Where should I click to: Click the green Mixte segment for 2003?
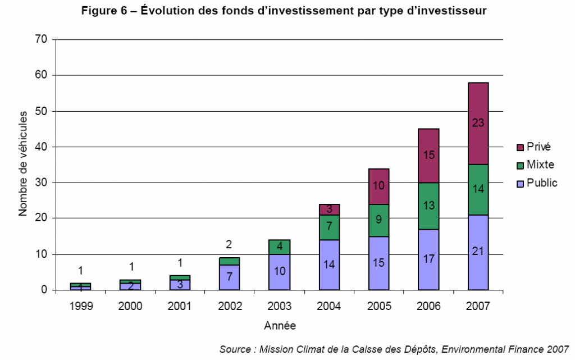(x=280, y=247)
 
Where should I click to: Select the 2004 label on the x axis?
(x=328, y=307)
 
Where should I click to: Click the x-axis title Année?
(x=279, y=326)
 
